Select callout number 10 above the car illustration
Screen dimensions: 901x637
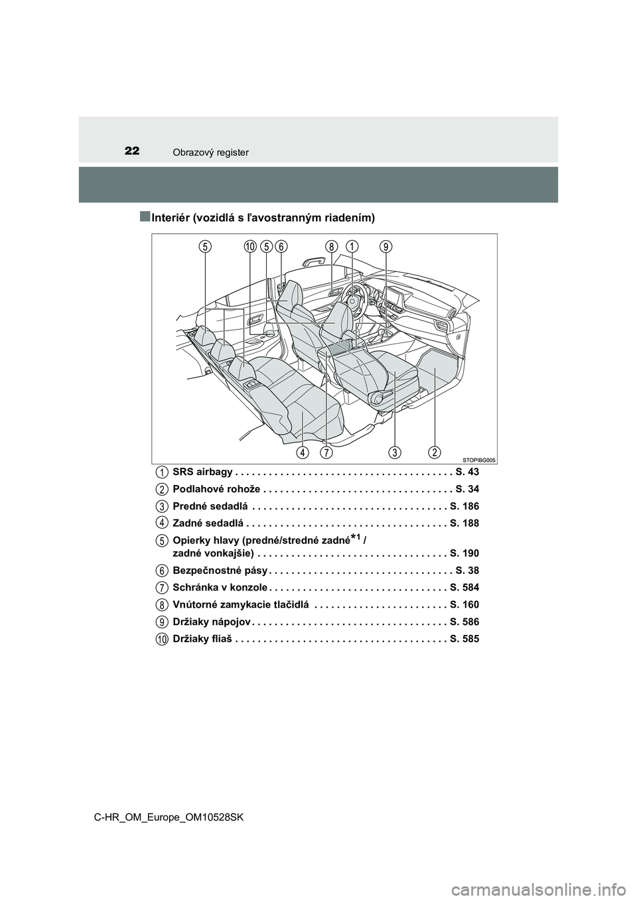249,247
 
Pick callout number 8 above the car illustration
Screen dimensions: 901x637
332,247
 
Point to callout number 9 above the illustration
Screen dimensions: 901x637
385,247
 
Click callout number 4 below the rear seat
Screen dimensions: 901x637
303,452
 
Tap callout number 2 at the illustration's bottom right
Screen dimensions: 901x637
435,452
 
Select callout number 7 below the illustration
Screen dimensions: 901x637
325,452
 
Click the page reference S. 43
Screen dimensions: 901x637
467,472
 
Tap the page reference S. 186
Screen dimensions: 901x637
464,506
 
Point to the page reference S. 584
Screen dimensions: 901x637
464,588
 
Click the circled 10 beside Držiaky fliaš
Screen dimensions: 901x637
162,639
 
